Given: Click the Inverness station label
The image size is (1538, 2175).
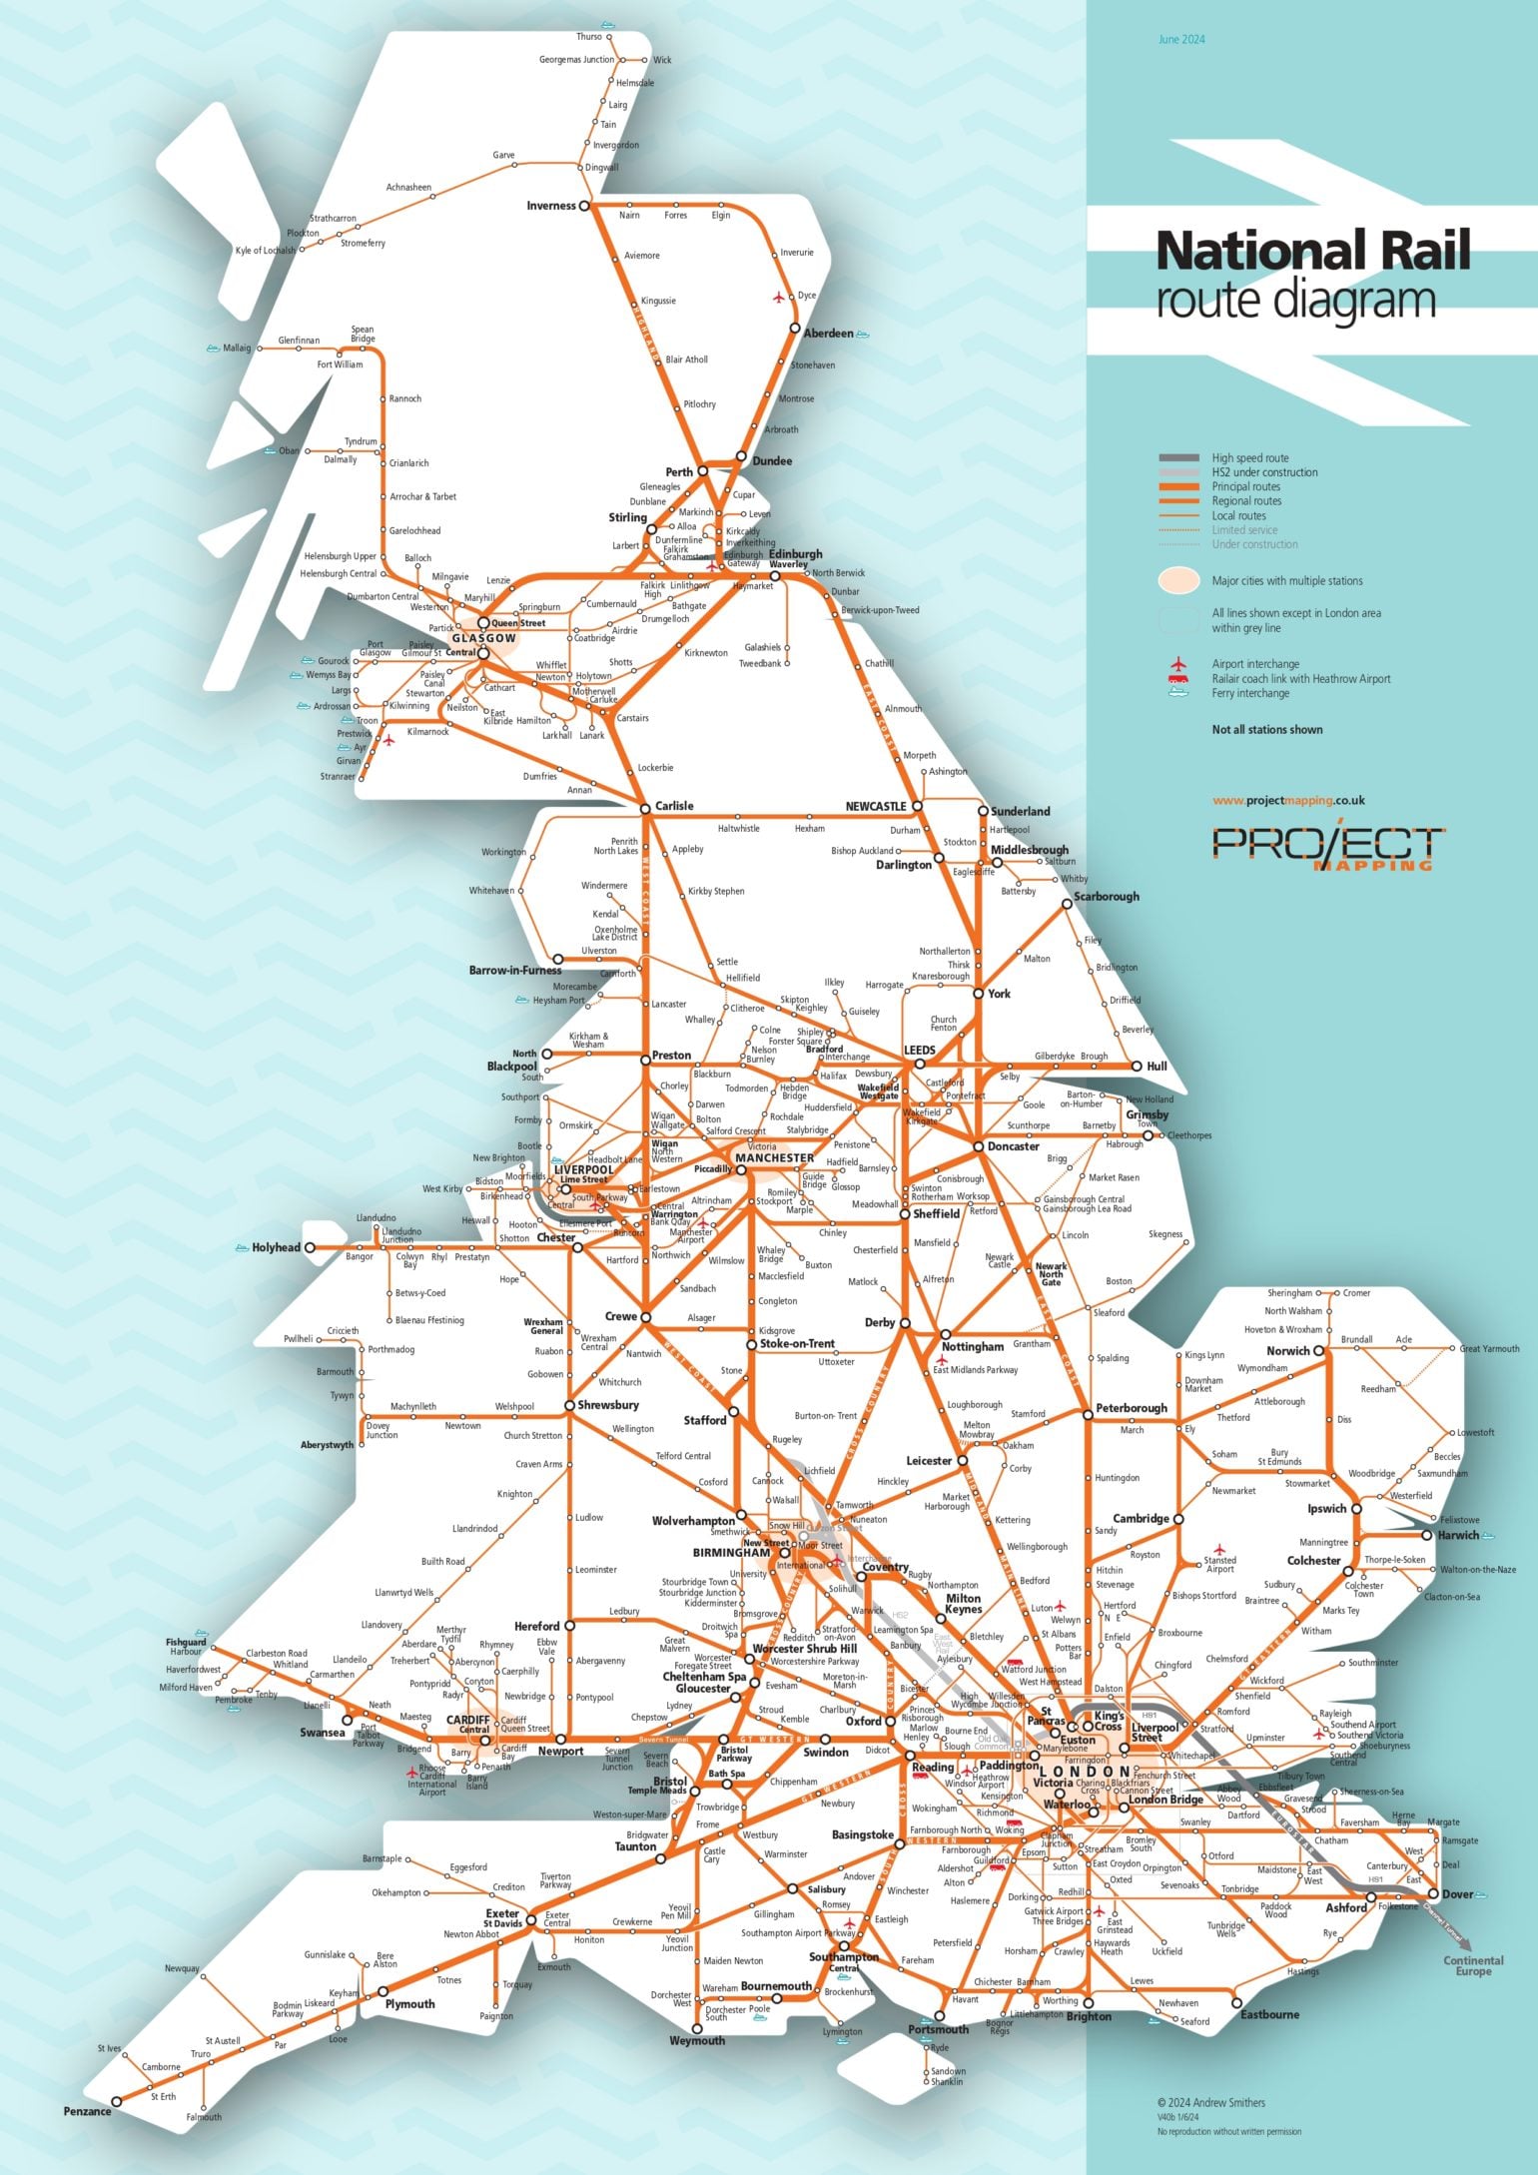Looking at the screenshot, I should point(551,206).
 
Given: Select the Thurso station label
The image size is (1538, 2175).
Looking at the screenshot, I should point(589,37).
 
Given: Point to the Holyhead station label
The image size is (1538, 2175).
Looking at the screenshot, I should point(276,1247).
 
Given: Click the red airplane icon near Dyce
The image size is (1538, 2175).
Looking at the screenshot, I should point(779,298).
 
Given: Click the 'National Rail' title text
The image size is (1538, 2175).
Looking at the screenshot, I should point(1312,251).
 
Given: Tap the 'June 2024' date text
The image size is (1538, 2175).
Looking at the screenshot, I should point(1181,40).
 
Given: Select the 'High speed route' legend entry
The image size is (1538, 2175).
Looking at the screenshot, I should point(1249,458).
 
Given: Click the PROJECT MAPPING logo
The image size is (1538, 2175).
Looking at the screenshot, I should point(1327,847).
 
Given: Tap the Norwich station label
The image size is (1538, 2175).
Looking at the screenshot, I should point(1288,1351).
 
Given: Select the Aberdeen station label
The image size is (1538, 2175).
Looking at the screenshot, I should point(828,334).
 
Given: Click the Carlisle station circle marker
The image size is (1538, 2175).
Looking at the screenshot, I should point(645,807).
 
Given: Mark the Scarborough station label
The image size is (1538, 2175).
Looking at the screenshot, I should point(1107,896).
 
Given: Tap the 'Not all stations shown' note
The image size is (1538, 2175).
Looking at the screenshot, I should point(1266,729).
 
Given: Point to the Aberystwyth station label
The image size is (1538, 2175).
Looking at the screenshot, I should point(328,1444).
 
